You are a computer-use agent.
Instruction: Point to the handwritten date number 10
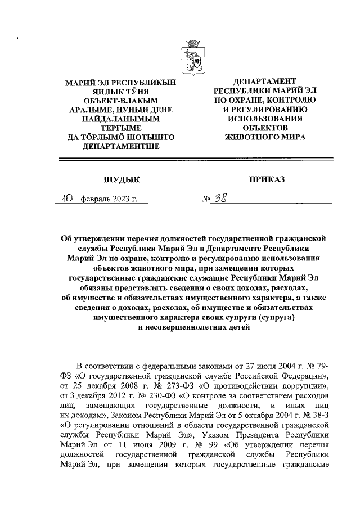(67, 198)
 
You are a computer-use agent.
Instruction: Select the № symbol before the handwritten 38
(206, 199)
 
